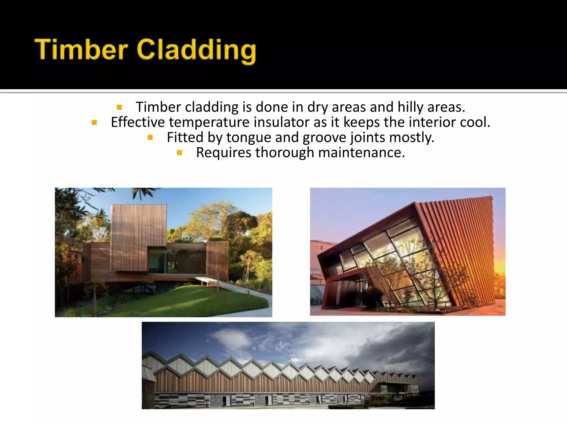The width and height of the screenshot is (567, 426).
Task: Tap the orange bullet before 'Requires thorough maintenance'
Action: click(179, 153)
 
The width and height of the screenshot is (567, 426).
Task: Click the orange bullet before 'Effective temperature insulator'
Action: click(94, 122)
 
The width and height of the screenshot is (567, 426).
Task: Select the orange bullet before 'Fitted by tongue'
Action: click(150, 137)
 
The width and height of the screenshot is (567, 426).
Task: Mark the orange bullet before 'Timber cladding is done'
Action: click(119, 107)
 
